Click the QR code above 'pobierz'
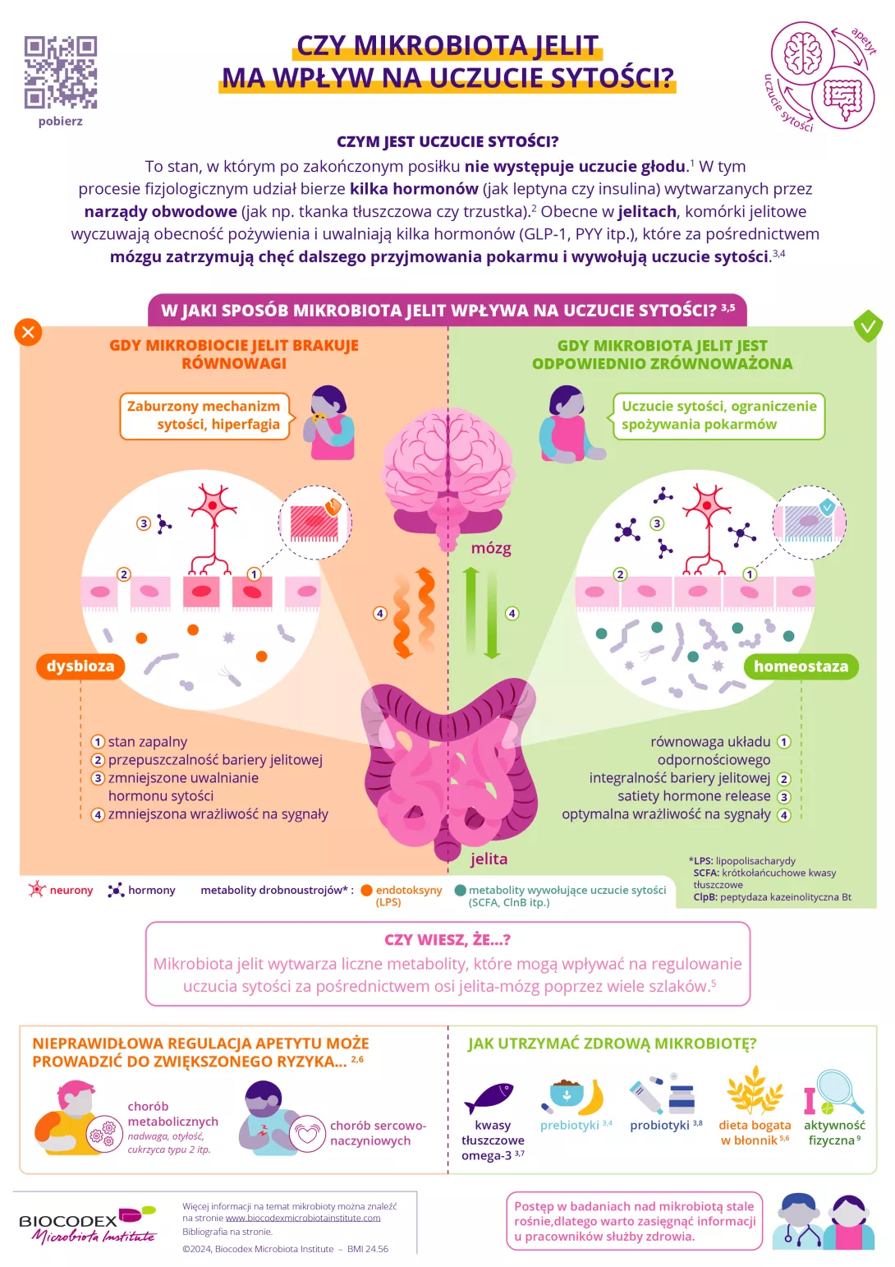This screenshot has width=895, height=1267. [x=61, y=72]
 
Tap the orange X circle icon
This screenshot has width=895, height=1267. [x=28, y=332]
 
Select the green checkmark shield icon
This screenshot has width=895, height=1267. [x=867, y=326]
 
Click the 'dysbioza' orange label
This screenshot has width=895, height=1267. [x=80, y=666]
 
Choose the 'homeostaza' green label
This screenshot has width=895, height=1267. [x=801, y=666]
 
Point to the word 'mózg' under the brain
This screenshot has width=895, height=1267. [x=491, y=548]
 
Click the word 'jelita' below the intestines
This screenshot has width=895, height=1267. [x=489, y=859]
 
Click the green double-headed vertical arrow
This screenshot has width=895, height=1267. [x=482, y=613]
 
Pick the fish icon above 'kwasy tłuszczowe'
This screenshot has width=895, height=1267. [x=489, y=1096]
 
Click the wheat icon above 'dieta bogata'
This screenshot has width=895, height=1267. [x=755, y=1090]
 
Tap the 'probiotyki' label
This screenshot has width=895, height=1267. [x=659, y=1126]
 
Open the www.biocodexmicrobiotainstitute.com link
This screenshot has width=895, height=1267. [x=303, y=1218]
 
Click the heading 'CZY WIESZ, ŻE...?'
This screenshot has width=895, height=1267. [x=447, y=940]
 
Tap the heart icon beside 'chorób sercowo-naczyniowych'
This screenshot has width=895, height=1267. [x=308, y=1134]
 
